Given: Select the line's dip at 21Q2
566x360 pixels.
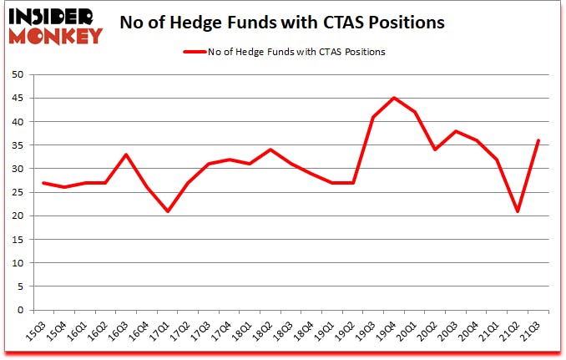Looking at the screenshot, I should click(x=518, y=211).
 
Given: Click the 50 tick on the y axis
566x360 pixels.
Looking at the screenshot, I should click(x=18, y=75).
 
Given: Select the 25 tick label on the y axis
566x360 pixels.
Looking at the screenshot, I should click(x=18, y=192).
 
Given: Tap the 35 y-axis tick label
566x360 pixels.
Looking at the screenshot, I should click(x=18, y=145).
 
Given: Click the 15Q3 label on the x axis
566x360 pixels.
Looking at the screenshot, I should click(x=36, y=332).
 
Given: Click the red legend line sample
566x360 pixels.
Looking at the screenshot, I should click(x=195, y=52).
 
